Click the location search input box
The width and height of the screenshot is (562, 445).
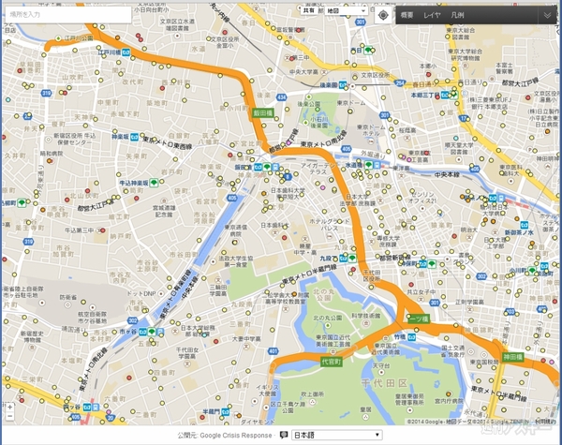[66, 16]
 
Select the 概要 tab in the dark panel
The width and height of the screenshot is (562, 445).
[407, 16]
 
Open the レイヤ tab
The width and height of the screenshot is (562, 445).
[432, 16]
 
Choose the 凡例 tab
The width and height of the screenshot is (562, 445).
[457, 16]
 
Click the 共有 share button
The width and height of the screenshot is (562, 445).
[307, 11]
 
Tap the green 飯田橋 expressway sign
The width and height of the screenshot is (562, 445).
[261, 111]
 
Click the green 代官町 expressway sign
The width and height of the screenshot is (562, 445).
[330, 361]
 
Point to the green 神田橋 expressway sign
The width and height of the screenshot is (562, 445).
[511, 357]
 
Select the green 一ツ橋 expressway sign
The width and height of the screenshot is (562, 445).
[416, 319]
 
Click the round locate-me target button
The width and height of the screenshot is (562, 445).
[384, 15]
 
